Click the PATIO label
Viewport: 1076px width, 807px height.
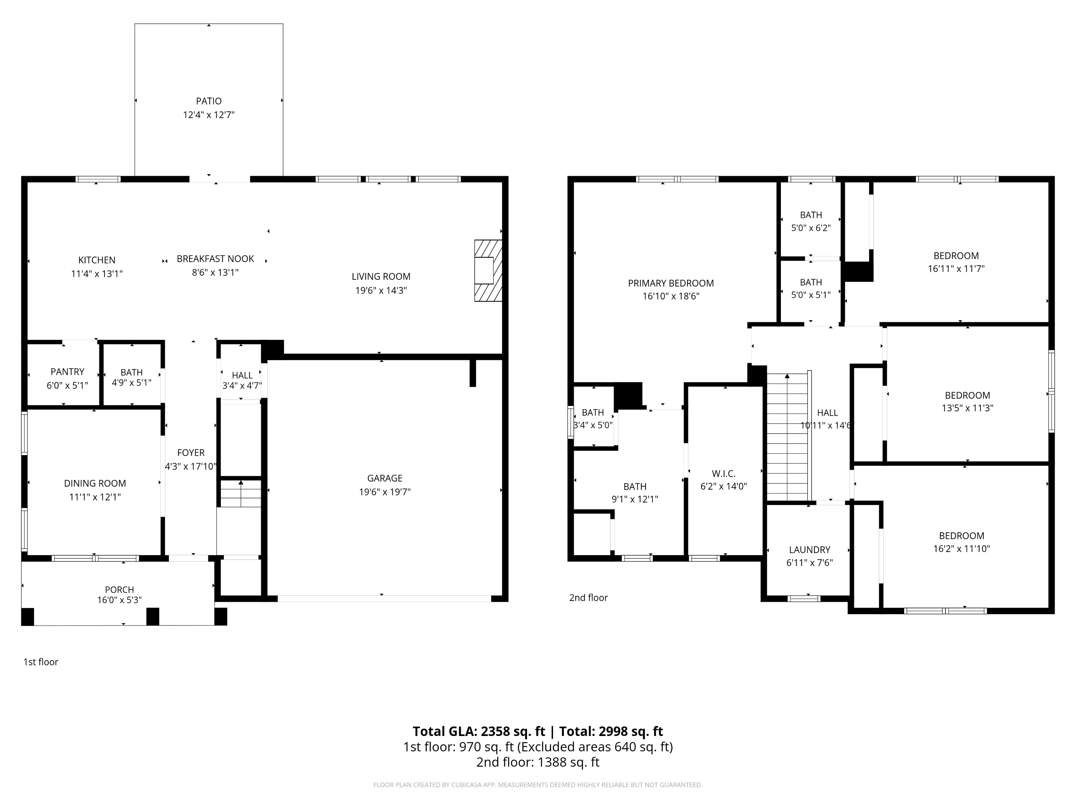tap(209, 101)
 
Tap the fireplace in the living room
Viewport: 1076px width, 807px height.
tap(487, 271)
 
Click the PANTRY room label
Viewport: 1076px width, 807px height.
tap(67, 372)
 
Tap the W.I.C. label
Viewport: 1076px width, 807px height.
tap(723, 474)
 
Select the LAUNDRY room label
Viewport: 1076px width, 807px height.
tap(810, 550)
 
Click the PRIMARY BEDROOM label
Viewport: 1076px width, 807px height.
tap(671, 283)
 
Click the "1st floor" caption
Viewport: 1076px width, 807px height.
tap(41, 662)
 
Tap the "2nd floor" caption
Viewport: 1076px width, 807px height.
tap(588, 598)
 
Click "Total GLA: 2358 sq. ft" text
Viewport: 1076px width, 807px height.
tap(479, 731)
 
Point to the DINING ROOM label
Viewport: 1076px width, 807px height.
tap(95, 483)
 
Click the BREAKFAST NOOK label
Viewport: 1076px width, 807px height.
tap(215, 259)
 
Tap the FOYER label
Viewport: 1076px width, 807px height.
tap(191, 453)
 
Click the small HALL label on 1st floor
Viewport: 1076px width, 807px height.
tap(242, 375)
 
